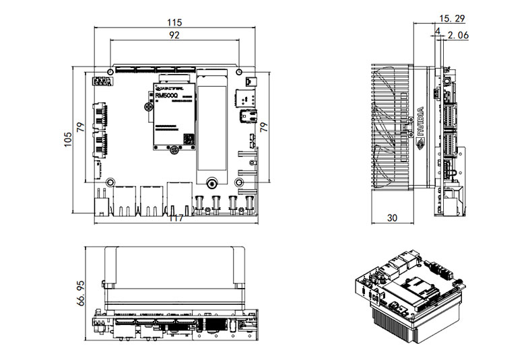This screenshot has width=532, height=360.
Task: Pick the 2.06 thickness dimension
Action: (x=458, y=34)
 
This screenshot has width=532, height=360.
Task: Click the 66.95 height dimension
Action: (x=81, y=293)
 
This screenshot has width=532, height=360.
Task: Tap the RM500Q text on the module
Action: (x=166, y=96)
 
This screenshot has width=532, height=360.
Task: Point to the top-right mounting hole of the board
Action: (x=240, y=71)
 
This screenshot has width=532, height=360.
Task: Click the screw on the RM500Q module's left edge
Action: (x=148, y=107)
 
